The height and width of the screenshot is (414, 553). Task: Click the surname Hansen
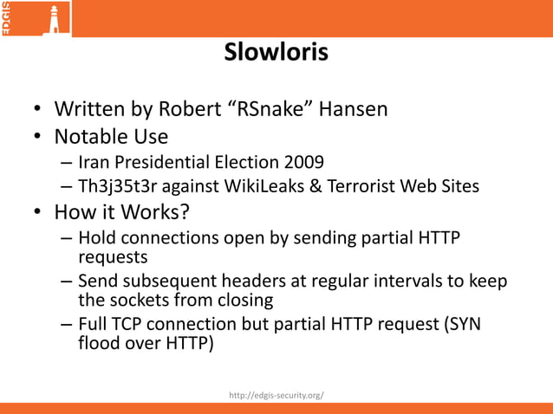point(353,110)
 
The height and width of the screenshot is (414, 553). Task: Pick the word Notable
point(91,137)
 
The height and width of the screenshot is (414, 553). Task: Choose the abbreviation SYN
point(462,325)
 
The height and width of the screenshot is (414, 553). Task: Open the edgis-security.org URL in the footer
point(276,395)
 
